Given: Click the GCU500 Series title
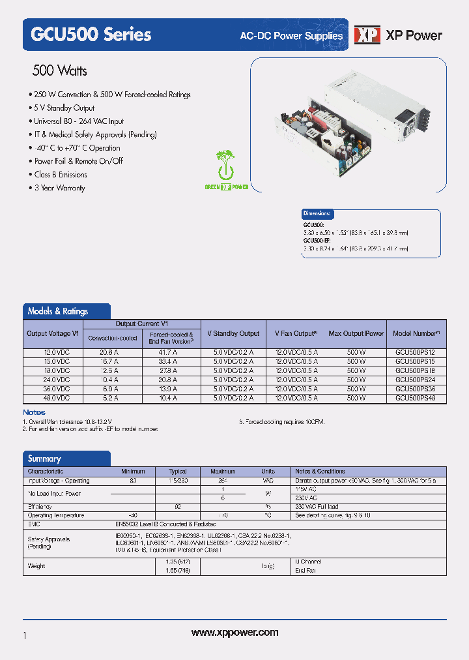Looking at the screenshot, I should point(91,35).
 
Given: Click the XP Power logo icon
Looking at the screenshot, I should point(367,36).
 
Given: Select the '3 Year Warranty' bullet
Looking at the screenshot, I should point(60,188).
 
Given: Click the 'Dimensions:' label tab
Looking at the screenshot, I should point(318,213).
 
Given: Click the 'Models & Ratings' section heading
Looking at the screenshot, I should point(58,311).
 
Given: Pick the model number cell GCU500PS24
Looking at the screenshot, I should point(416,380).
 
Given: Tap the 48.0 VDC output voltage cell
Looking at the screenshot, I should point(53,398).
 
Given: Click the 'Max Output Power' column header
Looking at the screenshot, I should point(356,333).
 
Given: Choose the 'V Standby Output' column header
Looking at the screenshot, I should point(233,333).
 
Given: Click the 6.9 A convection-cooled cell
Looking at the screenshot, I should point(112,389).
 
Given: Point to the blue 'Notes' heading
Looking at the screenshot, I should point(34,412).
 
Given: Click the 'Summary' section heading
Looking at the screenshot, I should point(44,458).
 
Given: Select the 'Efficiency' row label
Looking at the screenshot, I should point(40,507).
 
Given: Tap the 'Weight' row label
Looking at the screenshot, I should point(36,566).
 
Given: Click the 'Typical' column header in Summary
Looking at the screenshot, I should point(178,472).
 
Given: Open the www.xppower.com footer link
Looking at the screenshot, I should point(235,633).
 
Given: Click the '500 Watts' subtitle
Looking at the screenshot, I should point(59,71).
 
